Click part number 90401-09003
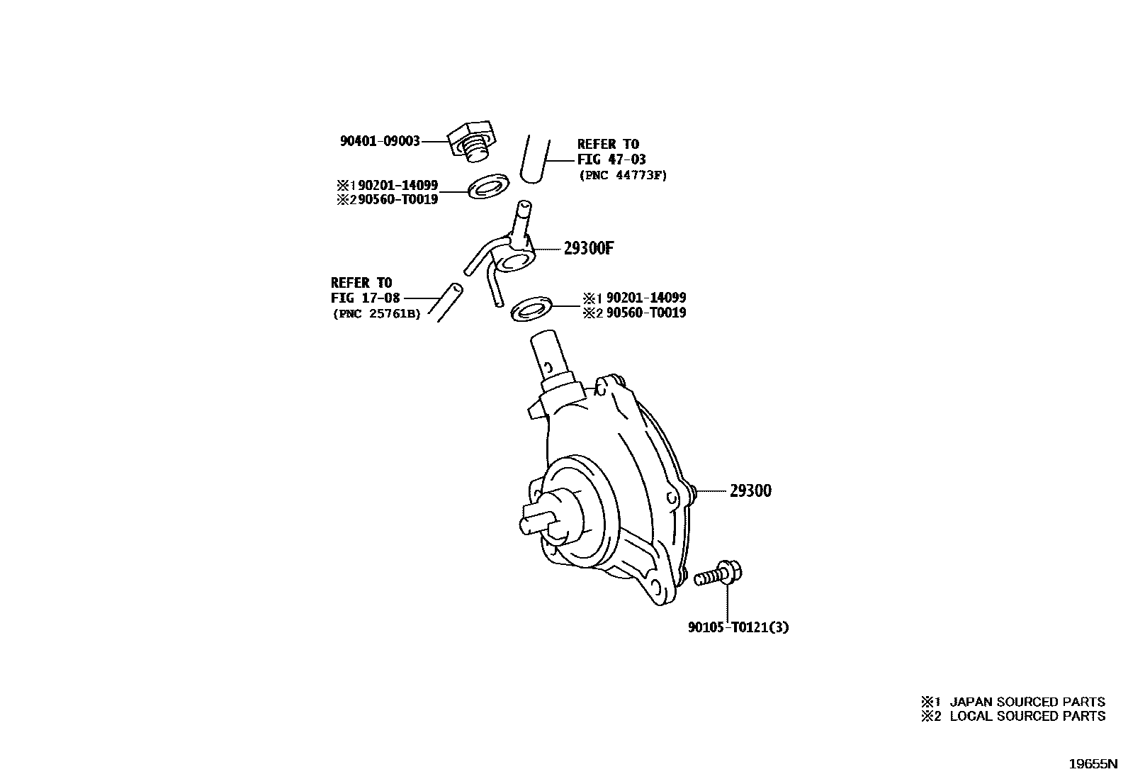coord(380,141)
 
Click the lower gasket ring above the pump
coord(530,308)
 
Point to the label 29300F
coord(588,249)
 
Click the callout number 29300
coord(750,491)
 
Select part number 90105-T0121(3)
coord(738,627)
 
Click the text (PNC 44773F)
coord(622,175)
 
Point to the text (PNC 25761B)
coord(376,313)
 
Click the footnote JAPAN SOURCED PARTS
coord(1027,702)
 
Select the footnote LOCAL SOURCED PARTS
coord(1027,716)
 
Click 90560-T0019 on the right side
coord(645,313)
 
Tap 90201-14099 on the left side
coord(397,185)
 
